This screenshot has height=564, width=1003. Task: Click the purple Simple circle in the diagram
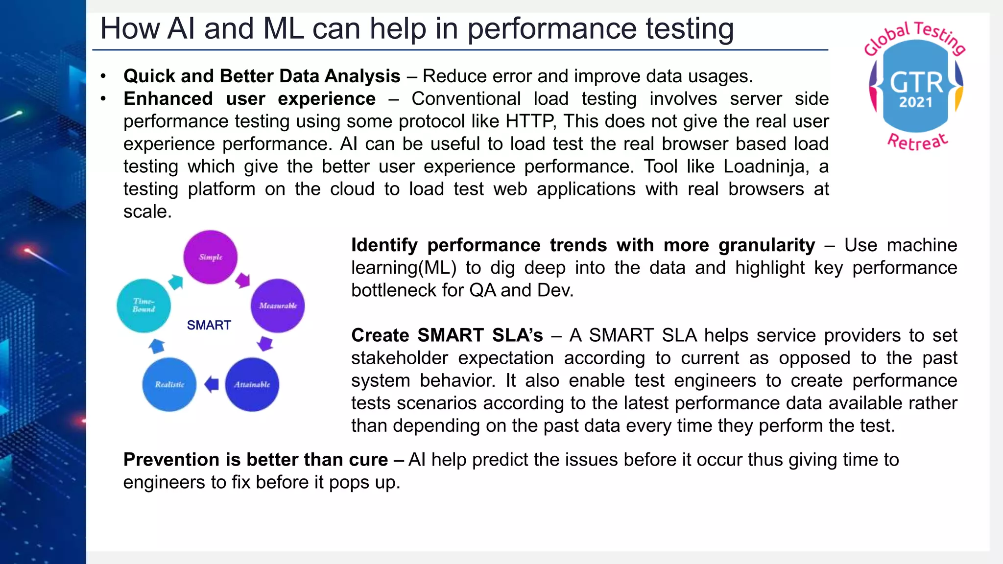(x=211, y=257)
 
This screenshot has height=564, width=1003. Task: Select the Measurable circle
(x=278, y=306)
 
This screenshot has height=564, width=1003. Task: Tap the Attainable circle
(x=252, y=384)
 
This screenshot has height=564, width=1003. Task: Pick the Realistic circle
(x=169, y=384)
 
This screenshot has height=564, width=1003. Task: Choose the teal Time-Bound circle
(x=143, y=305)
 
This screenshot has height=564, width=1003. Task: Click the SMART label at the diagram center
(x=209, y=325)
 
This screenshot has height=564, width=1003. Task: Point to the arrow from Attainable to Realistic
(x=212, y=384)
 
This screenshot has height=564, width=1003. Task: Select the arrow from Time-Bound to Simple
(x=176, y=282)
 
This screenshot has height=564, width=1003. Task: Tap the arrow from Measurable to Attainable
(x=265, y=343)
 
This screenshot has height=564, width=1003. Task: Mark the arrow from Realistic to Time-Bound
(x=156, y=346)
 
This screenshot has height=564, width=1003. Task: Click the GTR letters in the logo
(x=916, y=82)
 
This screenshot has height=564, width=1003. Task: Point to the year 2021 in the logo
(x=915, y=102)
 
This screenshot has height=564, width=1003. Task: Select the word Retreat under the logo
(x=917, y=142)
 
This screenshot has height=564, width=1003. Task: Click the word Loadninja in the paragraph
(x=764, y=166)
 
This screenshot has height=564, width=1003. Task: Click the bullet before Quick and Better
(x=103, y=76)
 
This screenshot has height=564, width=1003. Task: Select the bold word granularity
(x=766, y=245)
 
